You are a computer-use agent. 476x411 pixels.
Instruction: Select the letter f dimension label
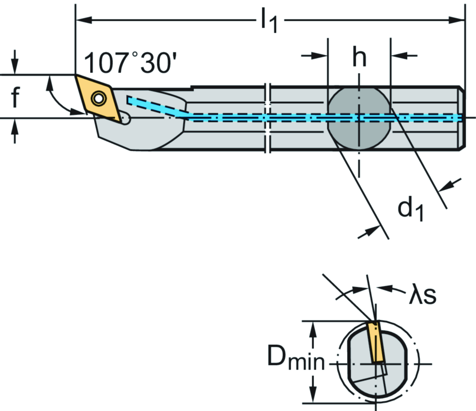tap(15, 98)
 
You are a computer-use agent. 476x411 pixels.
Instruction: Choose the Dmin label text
tap(296, 359)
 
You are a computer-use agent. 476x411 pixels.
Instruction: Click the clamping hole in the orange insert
tap(98, 98)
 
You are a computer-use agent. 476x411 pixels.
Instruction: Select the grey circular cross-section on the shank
tap(359, 118)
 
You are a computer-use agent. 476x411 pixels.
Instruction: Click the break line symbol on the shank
tap(268, 118)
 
